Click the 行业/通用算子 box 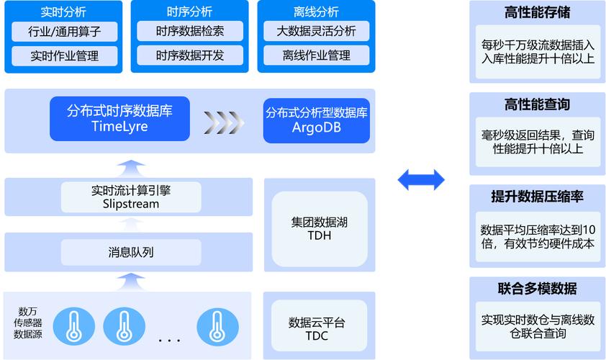coord(64,32)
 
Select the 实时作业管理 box coord(64,55)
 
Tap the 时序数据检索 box coord(190,32)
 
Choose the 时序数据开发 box coord(190,55)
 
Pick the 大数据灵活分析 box coord(316,32)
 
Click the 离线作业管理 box coord(316,55)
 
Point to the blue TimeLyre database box coord(119,119)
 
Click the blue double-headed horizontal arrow coord(421,180)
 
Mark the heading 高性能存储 coord(538,13)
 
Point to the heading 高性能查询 coord(538,104)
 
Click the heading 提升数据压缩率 coord(538,197)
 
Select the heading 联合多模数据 coord(538,289)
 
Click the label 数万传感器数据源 coord(29,323)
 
